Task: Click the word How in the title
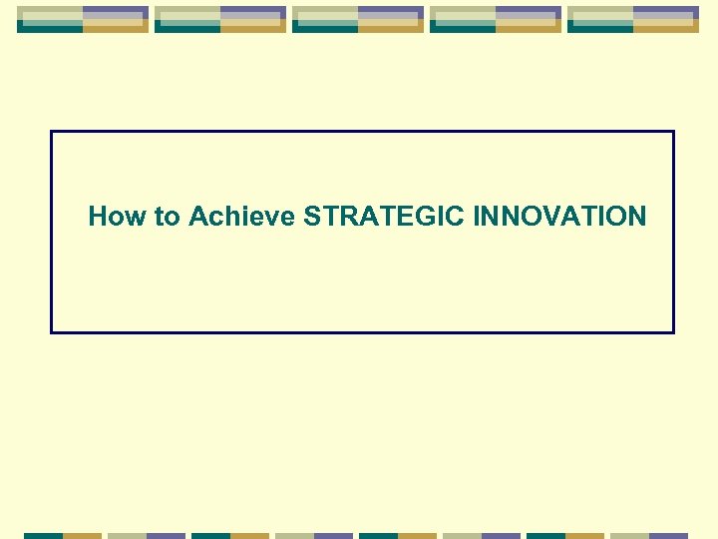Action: (x=118, y=216)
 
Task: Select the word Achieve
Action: (x=242, y=216)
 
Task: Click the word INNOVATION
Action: (x=560, y=216)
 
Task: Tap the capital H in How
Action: (x=98, y=216)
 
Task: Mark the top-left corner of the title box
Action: (x=52, y=132)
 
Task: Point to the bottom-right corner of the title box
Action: (x=673, y=331)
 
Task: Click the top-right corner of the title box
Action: (x=673, y=132)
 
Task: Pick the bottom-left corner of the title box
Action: (x=52, y=331)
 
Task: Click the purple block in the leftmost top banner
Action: (x=116, y=13)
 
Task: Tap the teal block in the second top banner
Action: (x=187, y=27)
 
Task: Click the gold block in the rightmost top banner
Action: (x=666, y=27)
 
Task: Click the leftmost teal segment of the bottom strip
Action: (x=43, y=535)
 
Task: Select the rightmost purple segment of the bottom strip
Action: (x=669, y=535)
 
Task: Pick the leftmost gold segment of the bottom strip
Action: (x=83, y=535)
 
